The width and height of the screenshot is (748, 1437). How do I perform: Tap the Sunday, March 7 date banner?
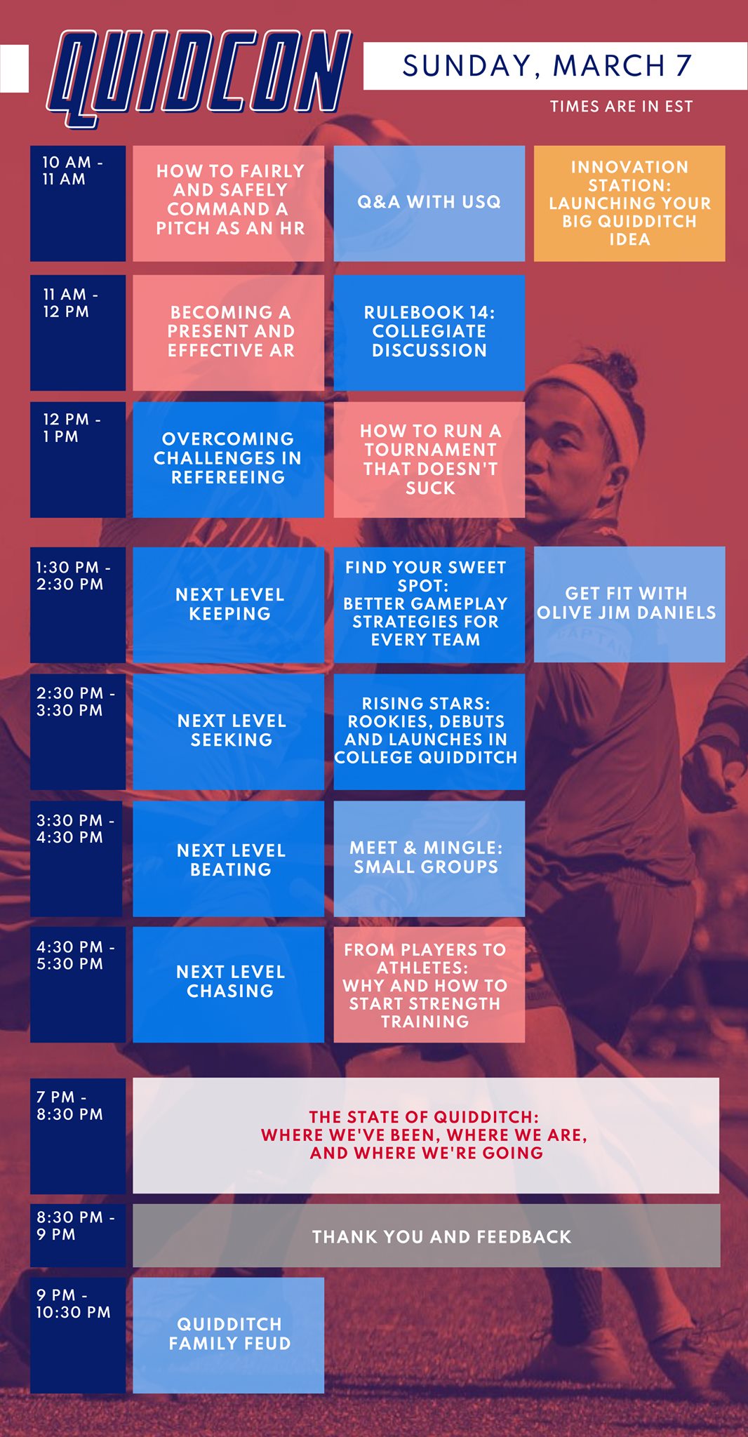(x=555, y=66)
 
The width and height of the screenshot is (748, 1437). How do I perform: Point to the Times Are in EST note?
(x=621, y=107)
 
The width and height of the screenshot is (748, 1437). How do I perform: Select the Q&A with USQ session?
(x=429, y=203)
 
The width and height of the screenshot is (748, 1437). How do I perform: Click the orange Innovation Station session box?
(x=629, y=203)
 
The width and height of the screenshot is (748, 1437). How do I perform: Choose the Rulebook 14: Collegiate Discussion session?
(x=429, y=333)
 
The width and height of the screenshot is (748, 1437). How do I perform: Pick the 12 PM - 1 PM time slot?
(x=78, y=460)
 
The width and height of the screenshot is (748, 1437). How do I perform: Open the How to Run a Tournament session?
(x=429, y=460)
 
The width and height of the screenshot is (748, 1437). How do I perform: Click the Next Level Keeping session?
(x=229, y=605)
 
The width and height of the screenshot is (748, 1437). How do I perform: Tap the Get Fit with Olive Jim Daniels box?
(x=629, y=605)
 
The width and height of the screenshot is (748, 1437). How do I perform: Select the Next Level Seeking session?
(x=229, y=732)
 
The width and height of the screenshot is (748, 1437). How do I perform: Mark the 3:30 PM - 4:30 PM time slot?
(x=76, y=859)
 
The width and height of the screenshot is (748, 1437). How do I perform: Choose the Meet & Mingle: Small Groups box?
(x=429, y=859)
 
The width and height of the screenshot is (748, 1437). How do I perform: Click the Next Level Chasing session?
(x=229, y=984)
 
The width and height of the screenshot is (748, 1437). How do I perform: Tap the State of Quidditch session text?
(x=425, y=1135)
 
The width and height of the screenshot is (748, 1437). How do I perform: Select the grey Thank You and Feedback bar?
(x=427, y=1236)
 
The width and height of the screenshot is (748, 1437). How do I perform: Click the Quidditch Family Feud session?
(x=229, y=1335)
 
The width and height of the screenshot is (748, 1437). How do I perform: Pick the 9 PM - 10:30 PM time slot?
(x=78, y=1335)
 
